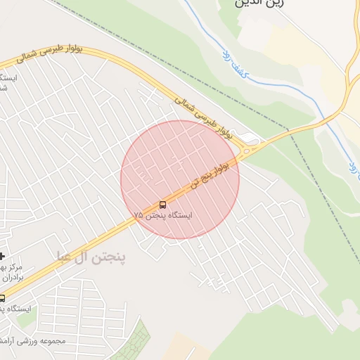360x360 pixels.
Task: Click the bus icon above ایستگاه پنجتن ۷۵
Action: pyautogui.click(x=163, y=205)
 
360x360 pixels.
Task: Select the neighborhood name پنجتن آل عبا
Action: pyautogui.click(x=91, y=258)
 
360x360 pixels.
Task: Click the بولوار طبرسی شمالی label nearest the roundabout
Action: pyautogui.click(x=203, y=115)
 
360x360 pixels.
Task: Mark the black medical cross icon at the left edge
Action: pyautogui.click(x=2, y=256)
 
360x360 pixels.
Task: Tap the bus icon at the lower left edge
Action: pyautogui.click(x=2, y=298)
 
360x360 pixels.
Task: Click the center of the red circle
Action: pyautogui.click(x=180, y=179)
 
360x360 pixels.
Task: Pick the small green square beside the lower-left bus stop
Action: pyautogui.click(x=26, y=320)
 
